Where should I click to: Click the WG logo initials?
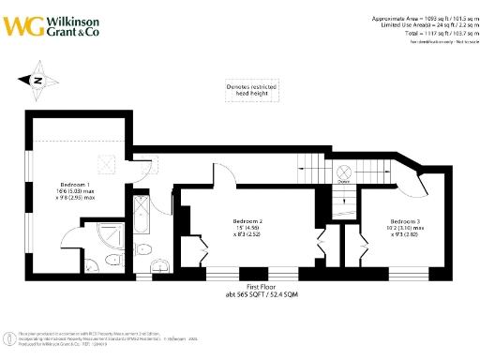(21, 24)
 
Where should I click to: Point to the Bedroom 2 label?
(247, 220)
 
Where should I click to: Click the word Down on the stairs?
(343, 185)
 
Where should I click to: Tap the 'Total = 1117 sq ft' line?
(419, 33)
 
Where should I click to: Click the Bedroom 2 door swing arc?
(225, 173)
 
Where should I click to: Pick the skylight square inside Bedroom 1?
(107, 163)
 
